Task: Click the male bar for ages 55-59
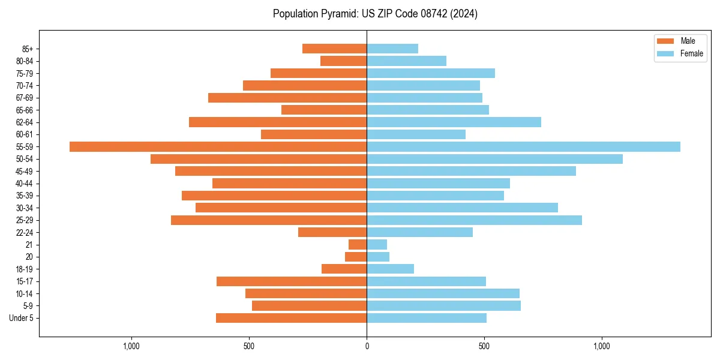click(218, 146)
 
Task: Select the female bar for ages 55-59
click(523, 146)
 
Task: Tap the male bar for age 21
click(358, 245)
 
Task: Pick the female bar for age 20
click(378, 257)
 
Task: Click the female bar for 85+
click(392, 49)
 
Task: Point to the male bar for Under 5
click(291, 318)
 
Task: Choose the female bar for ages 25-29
click(474, 220)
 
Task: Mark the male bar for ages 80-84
click(343, 61)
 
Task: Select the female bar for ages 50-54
click(494, 159)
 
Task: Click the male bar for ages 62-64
click(278, 122)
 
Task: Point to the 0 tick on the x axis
click(367, 346)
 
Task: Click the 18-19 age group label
click(25, 269)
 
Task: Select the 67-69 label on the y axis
click(25, 98)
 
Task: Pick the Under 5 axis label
click(22, 318)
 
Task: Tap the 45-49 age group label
click(25, 171)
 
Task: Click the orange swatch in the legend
click(665, 41)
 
